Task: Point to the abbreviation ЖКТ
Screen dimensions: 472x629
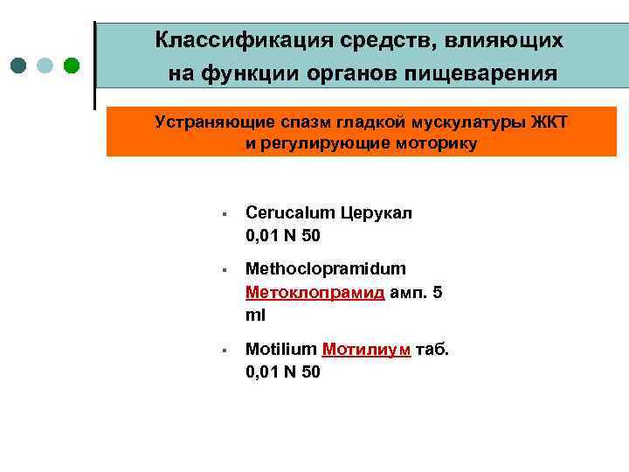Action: [x=550, y=121]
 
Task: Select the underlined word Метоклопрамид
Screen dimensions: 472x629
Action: [x=314, y=292]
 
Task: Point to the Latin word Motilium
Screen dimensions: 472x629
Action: [x=280, y=350]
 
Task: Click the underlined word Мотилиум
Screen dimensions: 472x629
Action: [x=367, y=350]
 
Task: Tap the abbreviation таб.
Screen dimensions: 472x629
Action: [x=432, y=350]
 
